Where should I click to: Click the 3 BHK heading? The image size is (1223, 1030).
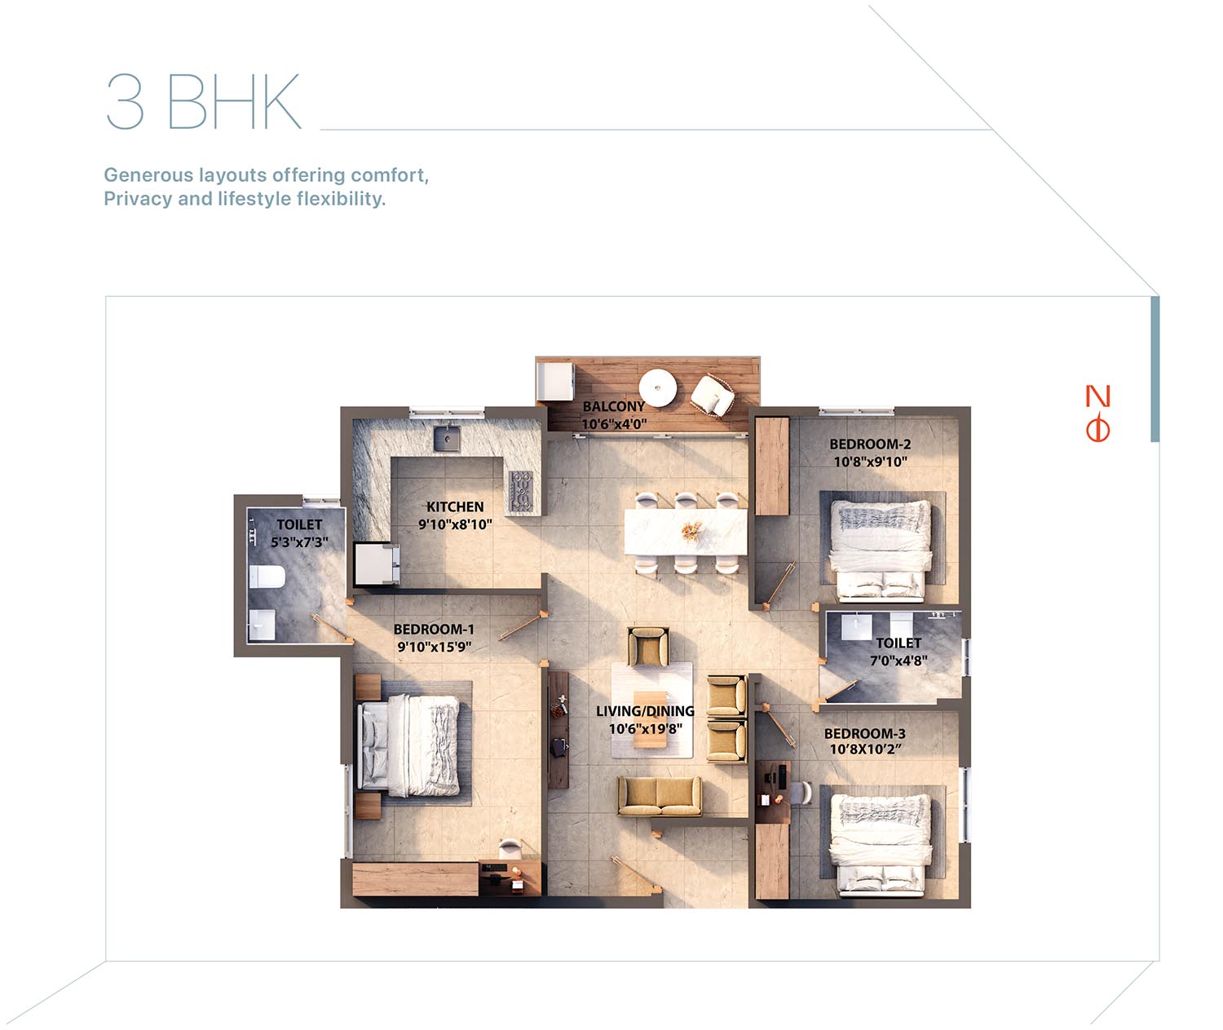[203, 101]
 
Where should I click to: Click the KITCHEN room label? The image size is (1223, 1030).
[455, 506]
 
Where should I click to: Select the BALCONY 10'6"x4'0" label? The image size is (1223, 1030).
[614, 415]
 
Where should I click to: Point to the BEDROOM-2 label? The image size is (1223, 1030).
[871, 444]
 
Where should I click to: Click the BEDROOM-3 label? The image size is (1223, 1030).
[864, 733]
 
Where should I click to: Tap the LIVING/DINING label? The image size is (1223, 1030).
[645, 710]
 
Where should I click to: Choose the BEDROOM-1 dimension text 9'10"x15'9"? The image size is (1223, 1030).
[434, 647]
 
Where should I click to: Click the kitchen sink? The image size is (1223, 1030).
[447, 438]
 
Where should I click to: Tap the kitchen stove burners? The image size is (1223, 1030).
[521, 490]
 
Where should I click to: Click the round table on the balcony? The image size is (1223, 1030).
[658, 388]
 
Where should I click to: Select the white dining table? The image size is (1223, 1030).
[686, 532]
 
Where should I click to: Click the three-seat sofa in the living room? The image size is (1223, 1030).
[660, 796]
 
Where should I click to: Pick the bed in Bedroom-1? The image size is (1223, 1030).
[411, 745]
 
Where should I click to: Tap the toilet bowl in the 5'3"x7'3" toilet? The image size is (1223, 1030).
[267, 577]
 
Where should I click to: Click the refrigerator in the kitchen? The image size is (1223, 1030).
[377, 564]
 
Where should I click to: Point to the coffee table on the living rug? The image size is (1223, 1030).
[650, 719]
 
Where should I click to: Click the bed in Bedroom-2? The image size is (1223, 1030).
[881, 550]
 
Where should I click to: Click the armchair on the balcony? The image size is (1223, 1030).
[713, 395]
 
